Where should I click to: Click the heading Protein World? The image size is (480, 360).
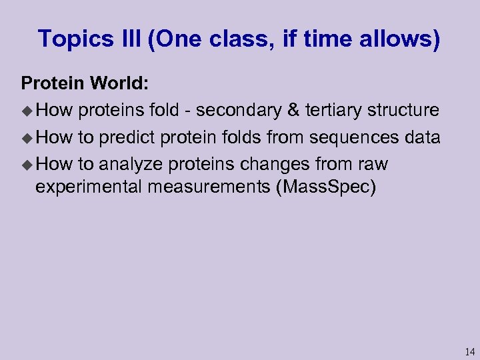[x=85, y=83]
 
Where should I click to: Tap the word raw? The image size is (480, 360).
[x=373, y=164]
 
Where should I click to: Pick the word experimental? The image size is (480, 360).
[x=89, y=187]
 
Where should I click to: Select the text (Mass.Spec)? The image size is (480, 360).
[x=325, y=187]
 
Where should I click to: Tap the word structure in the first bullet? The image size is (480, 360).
[x=405, y=110]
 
